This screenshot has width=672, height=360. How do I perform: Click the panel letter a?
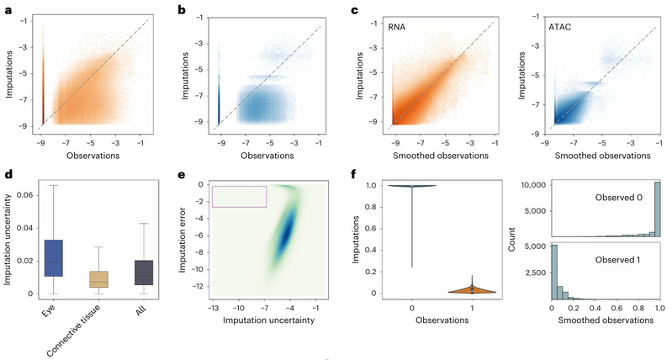[x=5, y=8]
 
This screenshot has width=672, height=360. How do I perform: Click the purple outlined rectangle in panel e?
[x=240, y=196]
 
